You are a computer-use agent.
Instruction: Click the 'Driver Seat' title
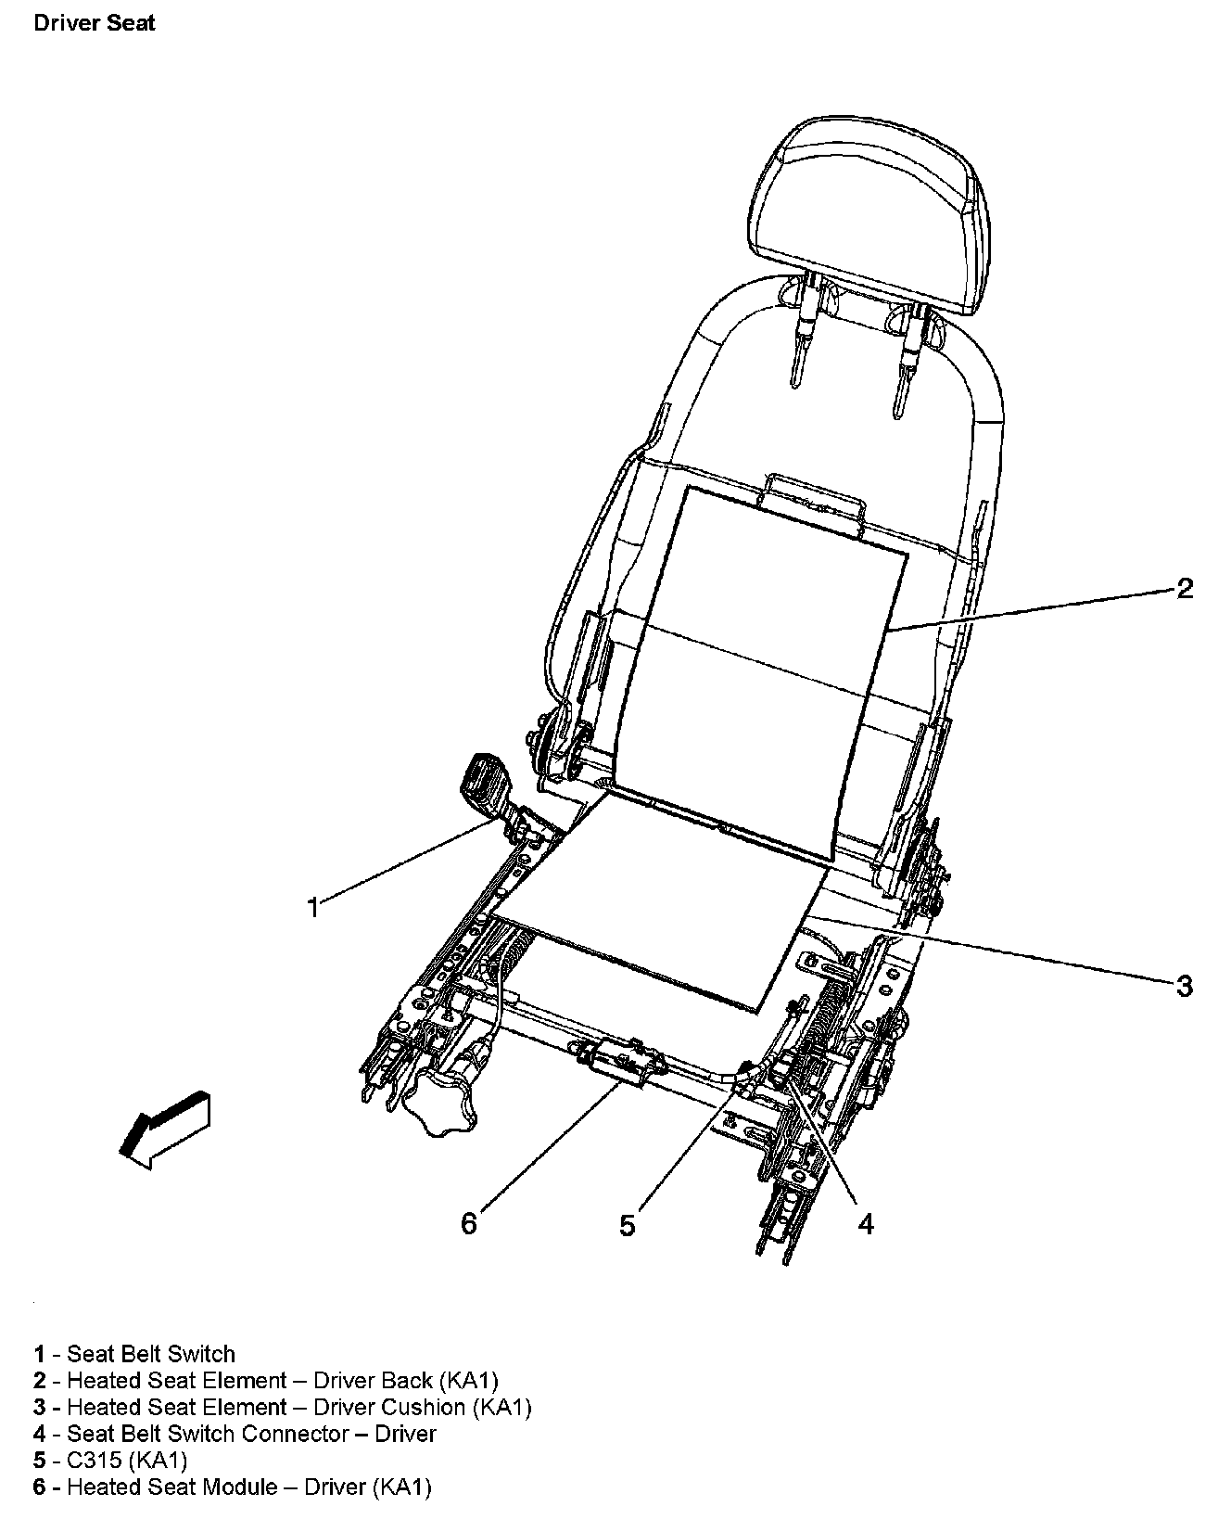pos(94,22)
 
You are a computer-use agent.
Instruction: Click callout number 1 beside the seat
pos(313,906)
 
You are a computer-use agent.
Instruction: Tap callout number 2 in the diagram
pos(1184,588)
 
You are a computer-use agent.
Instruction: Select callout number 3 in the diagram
pos(1184,985)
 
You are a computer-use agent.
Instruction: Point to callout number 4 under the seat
pos(865,1224)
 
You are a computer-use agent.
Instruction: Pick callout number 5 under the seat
pos(628,1225)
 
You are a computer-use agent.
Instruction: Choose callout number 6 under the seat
pos(469,1224)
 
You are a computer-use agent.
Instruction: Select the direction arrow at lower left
pos(165,1128)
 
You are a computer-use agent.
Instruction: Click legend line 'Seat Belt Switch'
pos(134,1354)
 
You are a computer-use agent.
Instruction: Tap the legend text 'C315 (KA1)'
pos(111,1461)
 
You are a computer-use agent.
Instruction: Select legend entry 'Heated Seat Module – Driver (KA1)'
pos(233,1487)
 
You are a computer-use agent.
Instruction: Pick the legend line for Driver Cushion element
pos(283,1407)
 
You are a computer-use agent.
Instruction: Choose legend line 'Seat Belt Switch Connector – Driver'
pos(235,1434)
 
